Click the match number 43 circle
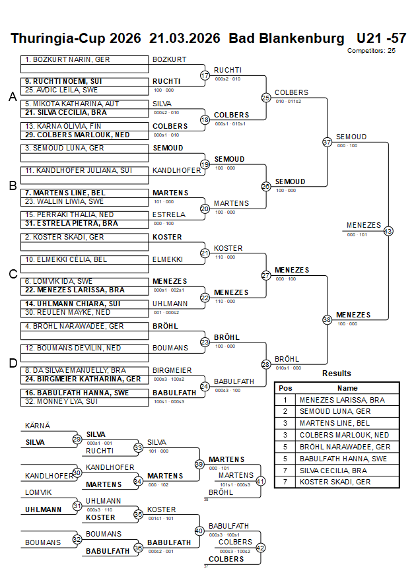(x=388, y=231)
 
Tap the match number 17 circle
(x=205, y=75)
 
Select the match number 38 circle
(x=327, y=320)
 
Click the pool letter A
(x=12, y=97)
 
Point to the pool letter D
(x=12, y=362)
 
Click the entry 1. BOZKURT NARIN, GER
(x=67, y=59)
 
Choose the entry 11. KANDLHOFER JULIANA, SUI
(x=78, y=170)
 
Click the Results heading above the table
(x=337, y=374)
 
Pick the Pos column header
(x=285, y=388)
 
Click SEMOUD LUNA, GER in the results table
(x=335, y=411)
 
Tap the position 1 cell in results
(x=285, y=400)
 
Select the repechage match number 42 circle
(x=260, y=547)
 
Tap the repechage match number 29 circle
(x=77, y=439)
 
